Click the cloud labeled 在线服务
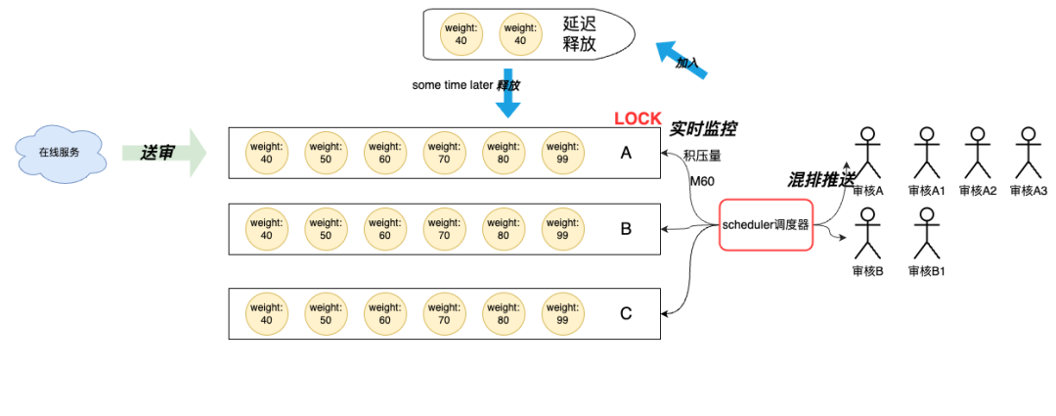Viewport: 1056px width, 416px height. [x=60, y=152]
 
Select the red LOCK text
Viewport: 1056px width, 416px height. [x=638, y=118]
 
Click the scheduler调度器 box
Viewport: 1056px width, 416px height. [x=766, y=225]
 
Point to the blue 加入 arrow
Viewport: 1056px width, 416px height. [x=682, y=60]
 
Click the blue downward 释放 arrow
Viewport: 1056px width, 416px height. [x=507, y=93]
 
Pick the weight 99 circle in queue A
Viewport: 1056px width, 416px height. [x=563, y=153]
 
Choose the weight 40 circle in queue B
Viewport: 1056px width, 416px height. [x=267, y=229]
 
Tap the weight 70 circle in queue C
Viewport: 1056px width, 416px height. [x=445, y=314]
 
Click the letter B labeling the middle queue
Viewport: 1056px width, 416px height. [x=626, y=229]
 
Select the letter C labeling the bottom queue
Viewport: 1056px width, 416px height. [x=626, y=314]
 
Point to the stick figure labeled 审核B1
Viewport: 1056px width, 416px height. [x=927, y=233]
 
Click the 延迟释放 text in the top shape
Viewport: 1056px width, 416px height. [x=580, y=35]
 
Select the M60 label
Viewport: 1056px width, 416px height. [x=702, y=181]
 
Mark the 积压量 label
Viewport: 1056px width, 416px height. [x=702, y=157]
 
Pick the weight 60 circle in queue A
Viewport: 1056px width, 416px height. [x=385, y=153]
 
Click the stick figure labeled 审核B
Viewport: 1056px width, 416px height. [x=868, y=233]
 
